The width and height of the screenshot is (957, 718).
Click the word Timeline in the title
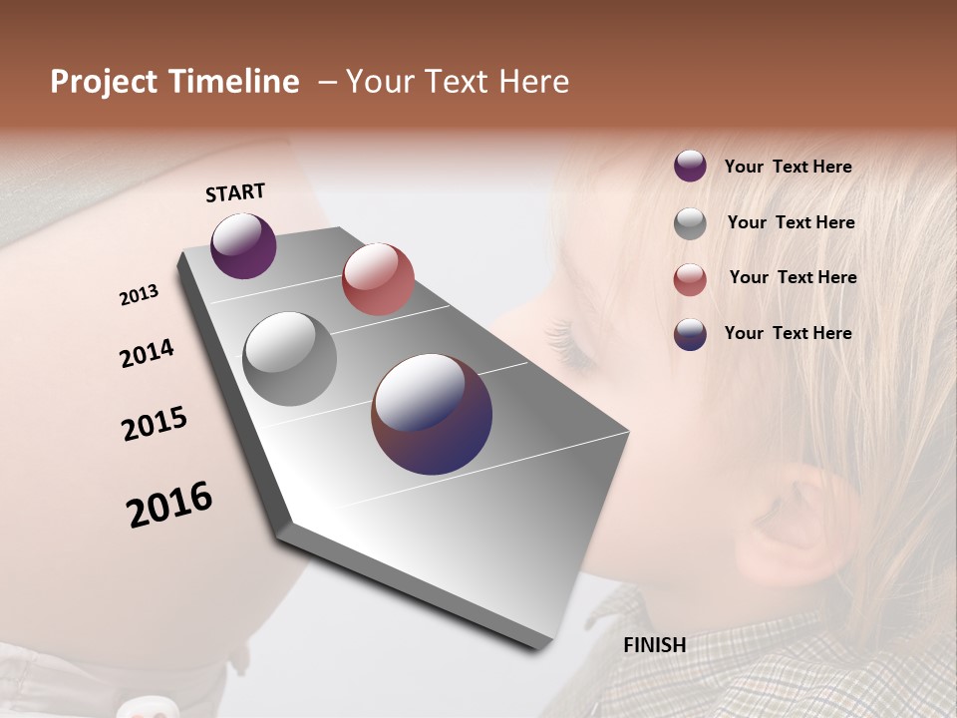tap(236, 82)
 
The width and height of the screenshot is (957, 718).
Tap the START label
tap(235, 191)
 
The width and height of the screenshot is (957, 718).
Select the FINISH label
tap(654, 645)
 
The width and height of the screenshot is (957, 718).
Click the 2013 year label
tap(140, 295)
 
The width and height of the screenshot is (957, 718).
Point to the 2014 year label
tap(147, 353)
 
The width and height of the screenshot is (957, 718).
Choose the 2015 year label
tap(155, 423)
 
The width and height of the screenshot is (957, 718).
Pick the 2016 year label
tap(169, 505)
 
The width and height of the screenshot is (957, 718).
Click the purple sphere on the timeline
tap(243, 245)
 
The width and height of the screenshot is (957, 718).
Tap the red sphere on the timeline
tap(378, 278)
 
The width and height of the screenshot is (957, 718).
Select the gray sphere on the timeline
tap(290, 359)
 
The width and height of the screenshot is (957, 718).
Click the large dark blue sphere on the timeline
tap(432, 414)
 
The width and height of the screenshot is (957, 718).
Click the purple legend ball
tap(690, 166)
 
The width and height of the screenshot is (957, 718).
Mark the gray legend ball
tap(690, 222)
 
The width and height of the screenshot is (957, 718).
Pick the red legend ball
tap(690, 278)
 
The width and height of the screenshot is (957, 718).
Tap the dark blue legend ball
tap(690, 334)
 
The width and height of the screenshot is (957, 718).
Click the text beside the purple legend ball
tap(788, 167)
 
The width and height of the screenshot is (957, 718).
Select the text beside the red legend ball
tap(793, 277)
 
